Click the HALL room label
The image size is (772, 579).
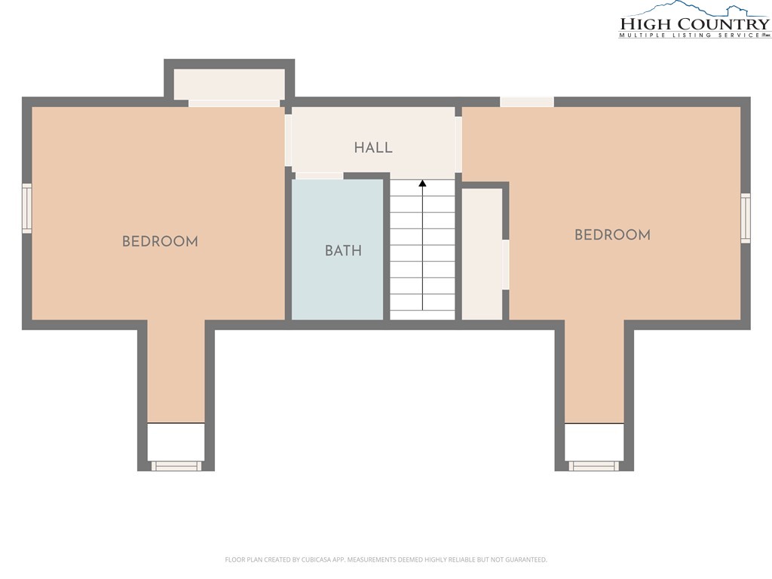(x=373, y=147)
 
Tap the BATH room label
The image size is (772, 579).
(x=343, y=250)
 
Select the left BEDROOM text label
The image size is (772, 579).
(x=160, y=241)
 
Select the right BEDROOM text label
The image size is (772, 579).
(x=612, y=234)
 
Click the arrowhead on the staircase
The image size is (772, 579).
(x=422, y=184)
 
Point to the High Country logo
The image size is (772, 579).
(x=694, y=20)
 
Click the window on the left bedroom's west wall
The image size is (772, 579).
(x=27, y=208)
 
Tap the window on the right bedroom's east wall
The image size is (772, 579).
(x=746, y=218)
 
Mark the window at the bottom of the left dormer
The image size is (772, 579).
(x=176, y=466)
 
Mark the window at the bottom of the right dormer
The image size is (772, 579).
(x=594, y=466)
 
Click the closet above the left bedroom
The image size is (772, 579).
(x=229, y=84)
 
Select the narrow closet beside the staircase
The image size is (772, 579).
(x=482, y=253)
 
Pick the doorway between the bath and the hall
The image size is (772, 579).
(x=320, y=176)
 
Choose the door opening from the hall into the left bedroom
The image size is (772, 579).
(x=288, y=139)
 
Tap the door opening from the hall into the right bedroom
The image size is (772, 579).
(x=458, y=145)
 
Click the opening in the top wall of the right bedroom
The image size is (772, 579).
(x=527, y=102)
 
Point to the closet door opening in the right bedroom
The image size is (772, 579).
(x=505, y=265)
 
